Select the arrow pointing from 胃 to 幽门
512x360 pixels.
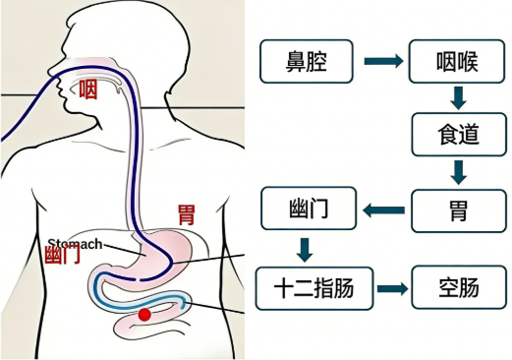383,210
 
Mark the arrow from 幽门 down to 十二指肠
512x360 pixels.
305,249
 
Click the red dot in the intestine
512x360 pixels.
145,315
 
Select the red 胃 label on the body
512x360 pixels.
184,213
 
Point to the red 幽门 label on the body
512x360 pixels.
63,255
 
